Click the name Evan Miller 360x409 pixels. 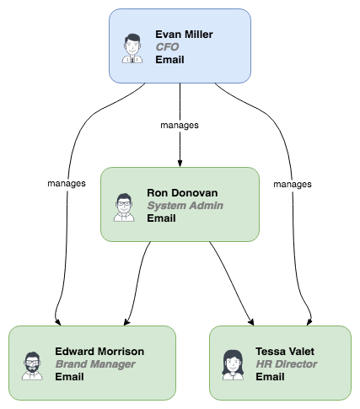tap(184, 35)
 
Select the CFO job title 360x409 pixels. tap(167, 47)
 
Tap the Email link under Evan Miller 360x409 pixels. tap(169, 60)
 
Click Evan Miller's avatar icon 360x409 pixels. tap(132, 48)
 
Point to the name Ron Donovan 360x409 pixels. tap(182, 193)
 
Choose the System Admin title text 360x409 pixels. tap(185, 206)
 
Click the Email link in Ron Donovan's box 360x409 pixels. tap(161, 218)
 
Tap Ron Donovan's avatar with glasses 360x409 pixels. tap(124, 207)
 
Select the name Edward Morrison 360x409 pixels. tap(99, 352)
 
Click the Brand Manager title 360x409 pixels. tap(95, 364)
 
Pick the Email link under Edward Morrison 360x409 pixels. tap(69, 377)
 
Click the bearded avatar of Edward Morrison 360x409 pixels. tap(32, 366)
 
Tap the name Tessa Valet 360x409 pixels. tap(285, 352)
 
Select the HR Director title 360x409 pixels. tap(287, 364)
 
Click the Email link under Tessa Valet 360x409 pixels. tap(270, 377)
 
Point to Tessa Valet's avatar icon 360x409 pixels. tap(233, 365)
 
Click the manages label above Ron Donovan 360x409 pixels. tap(180, 125)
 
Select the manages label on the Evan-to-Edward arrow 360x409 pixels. tap(67, 183)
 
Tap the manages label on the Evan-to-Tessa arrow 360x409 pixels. tap(293, 184)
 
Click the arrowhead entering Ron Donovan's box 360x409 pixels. tap(180, 164)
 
